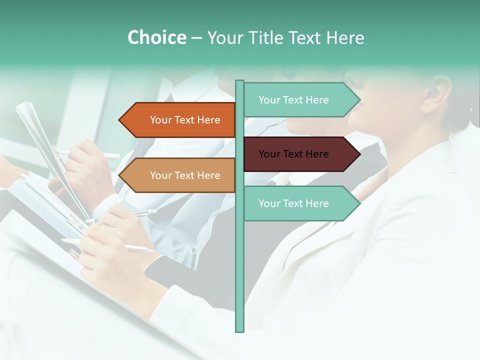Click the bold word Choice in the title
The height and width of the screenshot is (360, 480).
[x=156, y=37]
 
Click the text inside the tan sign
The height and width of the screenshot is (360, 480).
[x=185, y=175]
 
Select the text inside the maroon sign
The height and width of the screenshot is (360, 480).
[x=293, y=154]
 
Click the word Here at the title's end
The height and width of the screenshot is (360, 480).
[x=345, y=37]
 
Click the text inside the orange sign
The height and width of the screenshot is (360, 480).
[x=185, y=120]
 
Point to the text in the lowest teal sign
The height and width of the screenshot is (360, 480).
[x=293, y=203]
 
